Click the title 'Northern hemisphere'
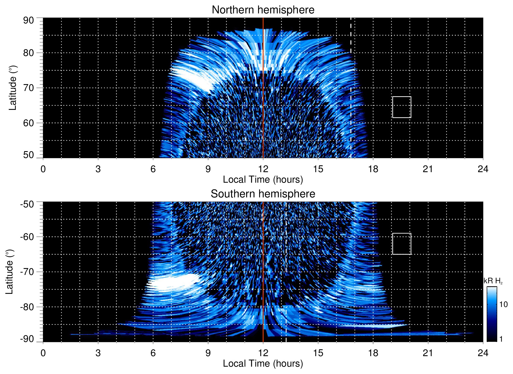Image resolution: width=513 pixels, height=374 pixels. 263,10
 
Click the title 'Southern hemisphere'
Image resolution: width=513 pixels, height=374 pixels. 263,194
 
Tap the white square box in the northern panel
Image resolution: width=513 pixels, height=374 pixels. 401,107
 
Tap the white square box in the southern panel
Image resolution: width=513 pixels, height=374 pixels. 401,244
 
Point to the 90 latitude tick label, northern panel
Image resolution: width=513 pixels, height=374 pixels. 28,21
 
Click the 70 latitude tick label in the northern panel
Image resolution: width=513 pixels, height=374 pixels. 28,88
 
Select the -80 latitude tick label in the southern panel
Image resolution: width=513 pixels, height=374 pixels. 27,307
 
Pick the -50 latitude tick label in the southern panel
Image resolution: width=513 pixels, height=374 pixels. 27,204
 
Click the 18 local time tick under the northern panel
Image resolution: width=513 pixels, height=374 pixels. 373,169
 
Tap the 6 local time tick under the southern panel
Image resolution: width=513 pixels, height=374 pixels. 153,353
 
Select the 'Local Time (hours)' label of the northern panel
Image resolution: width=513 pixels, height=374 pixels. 263,180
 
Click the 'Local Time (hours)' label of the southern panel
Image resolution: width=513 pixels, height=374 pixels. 263,364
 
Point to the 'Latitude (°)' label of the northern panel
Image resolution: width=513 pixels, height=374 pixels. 13,88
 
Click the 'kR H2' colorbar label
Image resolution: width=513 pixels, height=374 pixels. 493,281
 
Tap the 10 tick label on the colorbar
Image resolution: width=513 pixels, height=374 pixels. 503,304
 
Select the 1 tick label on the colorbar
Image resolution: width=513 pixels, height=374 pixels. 501,339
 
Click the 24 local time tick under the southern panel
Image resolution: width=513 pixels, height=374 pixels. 483,353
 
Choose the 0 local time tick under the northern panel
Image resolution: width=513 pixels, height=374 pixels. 43,169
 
